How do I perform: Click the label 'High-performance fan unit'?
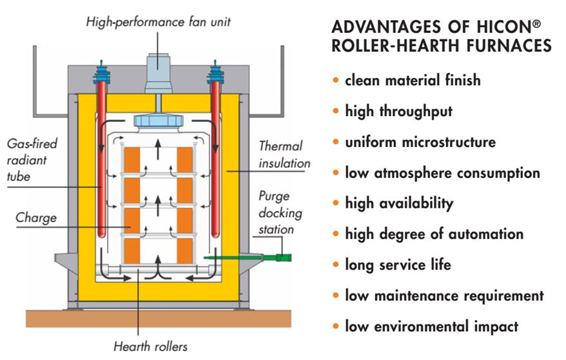[158, 22]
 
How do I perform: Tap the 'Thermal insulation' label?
[284, 155]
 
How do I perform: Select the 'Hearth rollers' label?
[150, 346]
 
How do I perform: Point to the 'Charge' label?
[36, 217]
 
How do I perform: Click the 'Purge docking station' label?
[280, 212]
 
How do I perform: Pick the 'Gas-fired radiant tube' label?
[32, 160]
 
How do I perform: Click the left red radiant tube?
[101, 159]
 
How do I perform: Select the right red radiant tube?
[215, 159]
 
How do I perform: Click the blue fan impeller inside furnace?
[158, 121]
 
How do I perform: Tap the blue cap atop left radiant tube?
[101, 72]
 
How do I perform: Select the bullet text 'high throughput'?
[398, 111]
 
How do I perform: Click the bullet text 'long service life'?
[398, 265]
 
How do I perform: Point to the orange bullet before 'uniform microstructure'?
[336, 141]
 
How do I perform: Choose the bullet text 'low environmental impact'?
[432, 326]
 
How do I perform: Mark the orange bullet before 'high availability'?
[336, 203]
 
